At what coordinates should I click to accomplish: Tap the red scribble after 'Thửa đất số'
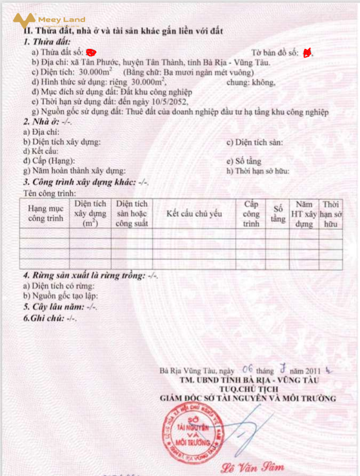tap(90, 51)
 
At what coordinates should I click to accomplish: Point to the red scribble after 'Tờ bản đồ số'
tap(307, 52)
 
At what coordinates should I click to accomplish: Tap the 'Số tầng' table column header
tap(278, 213)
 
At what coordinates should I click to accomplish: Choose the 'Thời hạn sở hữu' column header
tap(331, 213)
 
